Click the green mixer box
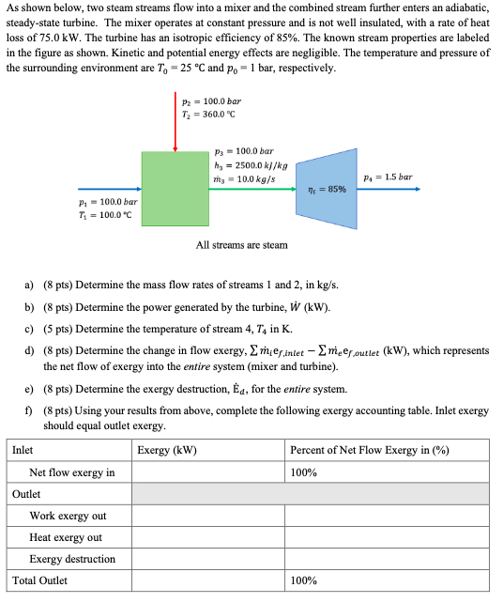tap(175, 188)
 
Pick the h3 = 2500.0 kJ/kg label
tap(246, 164)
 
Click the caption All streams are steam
tap(242, 245)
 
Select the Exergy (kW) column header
tap(167, 450)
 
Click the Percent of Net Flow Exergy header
tap(370, 450)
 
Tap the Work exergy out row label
tap(68, 516)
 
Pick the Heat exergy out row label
tap(66, 537)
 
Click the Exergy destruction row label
tap(72, 559)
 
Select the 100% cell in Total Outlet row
tap(304, 580)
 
